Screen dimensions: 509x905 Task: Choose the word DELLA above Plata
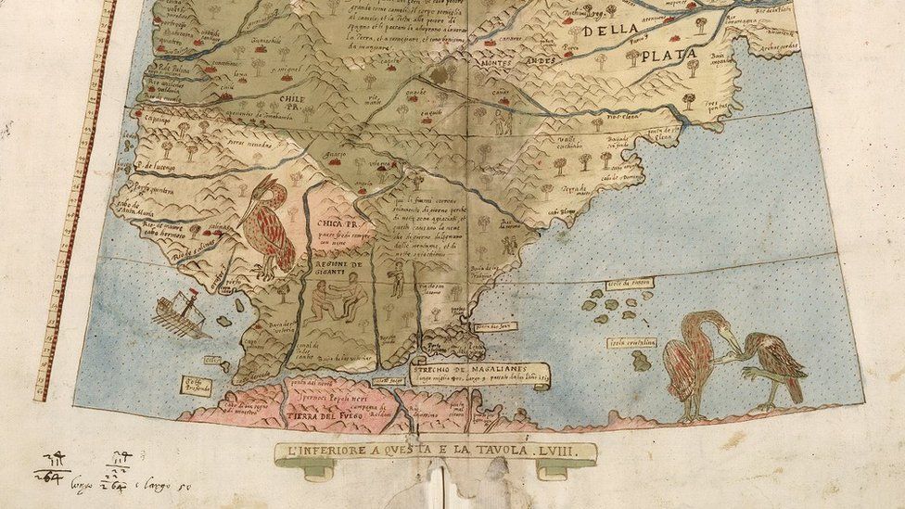[x=611, y=29]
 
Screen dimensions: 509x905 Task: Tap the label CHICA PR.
[x=338, y=223]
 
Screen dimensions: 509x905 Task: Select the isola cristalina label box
[x=631, y=342]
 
